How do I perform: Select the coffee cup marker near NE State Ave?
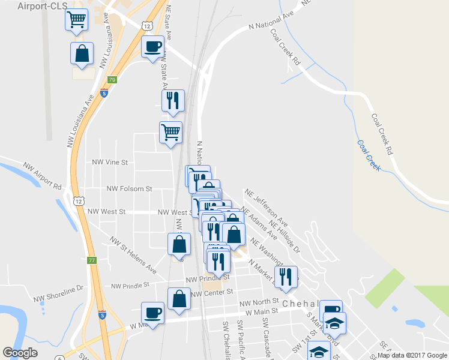pyautogui.click(x=152, y=46)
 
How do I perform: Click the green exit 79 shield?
pyautogui.click(x=112, y=80)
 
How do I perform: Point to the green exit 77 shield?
pyautogui.click(x=92, y=260)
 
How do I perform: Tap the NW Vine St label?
pyautogui.click(x=109, y=162)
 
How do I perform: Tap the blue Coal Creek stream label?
pyautogui.click(x=368, y=155)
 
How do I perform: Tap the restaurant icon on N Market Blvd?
pyautogui.click(x=286, y=276)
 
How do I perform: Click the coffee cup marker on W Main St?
pyautogui.click(x=152, y=312)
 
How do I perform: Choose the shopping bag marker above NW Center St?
pyautogui.click(x=179, y=298)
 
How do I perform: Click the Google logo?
pyautogui.click(x=20, y=353)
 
